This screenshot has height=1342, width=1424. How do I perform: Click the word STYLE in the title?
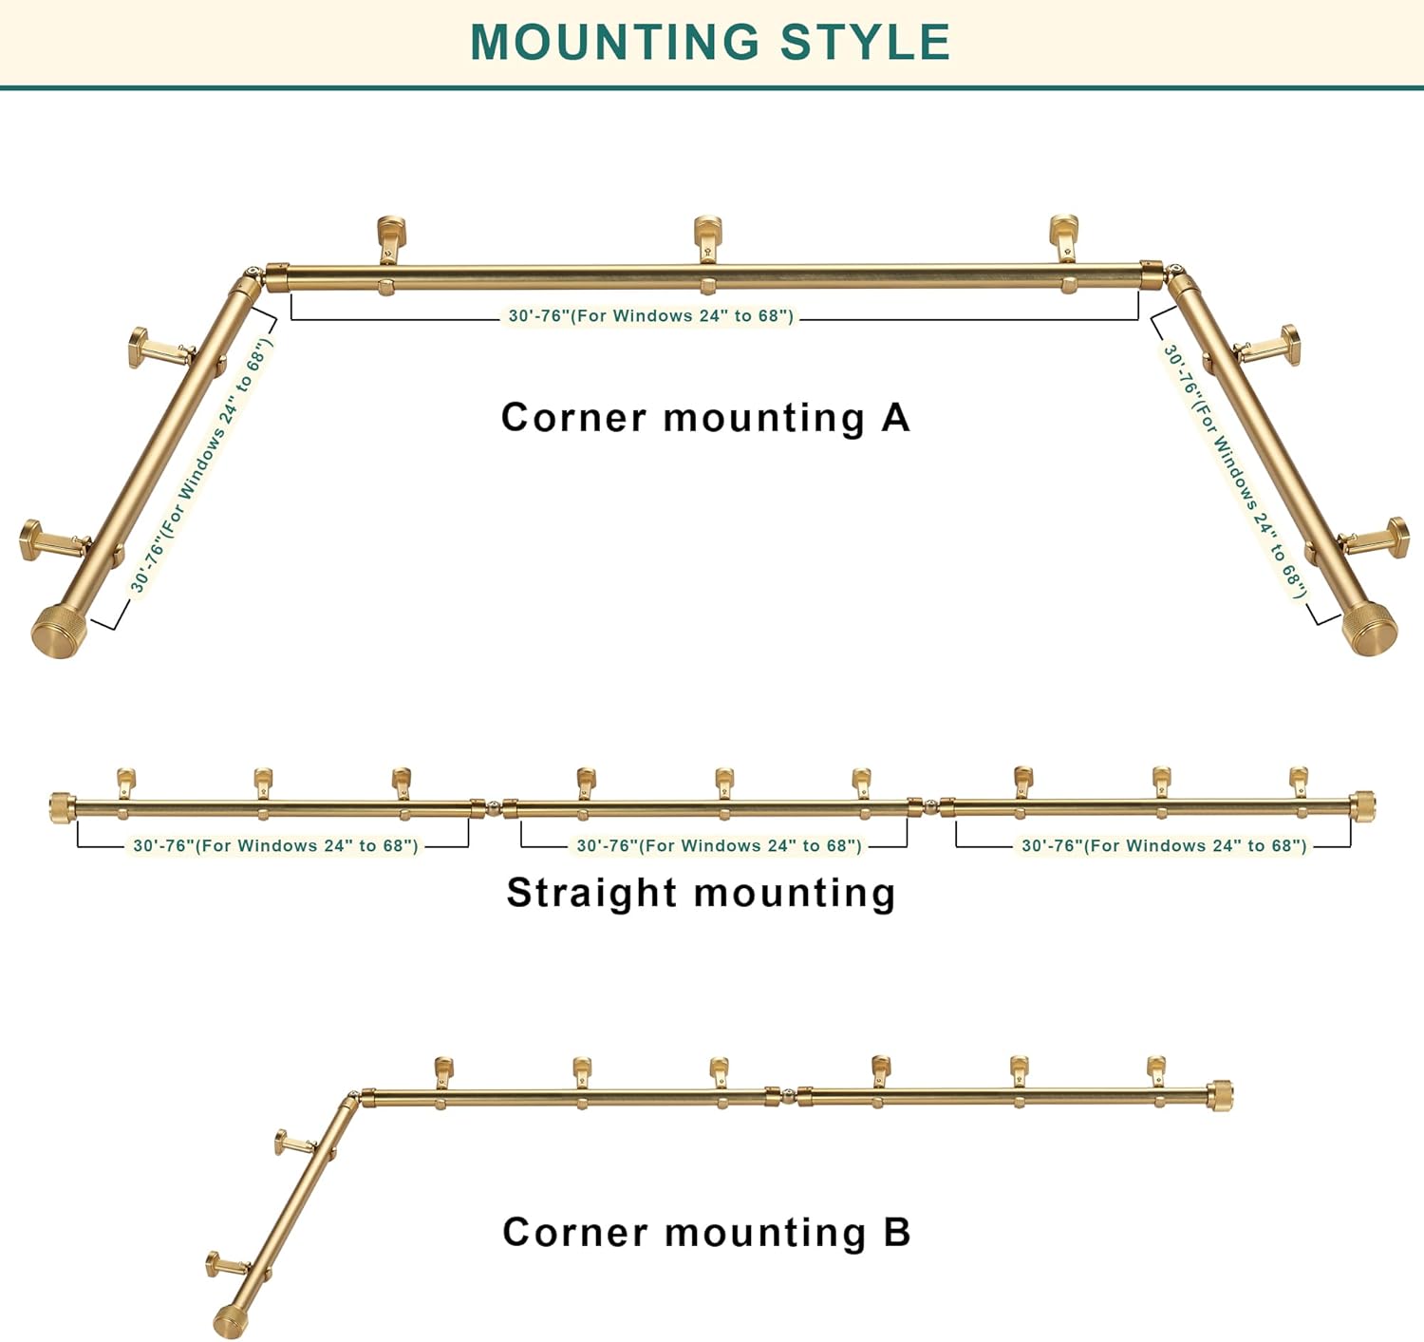pos(865,42)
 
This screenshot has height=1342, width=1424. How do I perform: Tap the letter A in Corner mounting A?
pos(895,418)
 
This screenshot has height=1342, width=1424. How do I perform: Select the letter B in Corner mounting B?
pos(897,1233)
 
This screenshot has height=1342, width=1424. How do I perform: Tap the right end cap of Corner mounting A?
pos(1370,629)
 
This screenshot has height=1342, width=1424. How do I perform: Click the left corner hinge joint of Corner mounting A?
pos(252,276)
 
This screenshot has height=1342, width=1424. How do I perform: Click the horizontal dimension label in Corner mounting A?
pos(650,316)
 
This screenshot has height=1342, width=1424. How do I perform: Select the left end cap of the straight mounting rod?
pos(63,807)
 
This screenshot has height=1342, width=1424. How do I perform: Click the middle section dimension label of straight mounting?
pos(719,845)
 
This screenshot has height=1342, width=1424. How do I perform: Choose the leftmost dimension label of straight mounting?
pos(275,845)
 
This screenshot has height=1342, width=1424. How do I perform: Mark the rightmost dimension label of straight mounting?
pos(1163,845)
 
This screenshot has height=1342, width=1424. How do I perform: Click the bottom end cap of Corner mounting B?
pos(229,1321)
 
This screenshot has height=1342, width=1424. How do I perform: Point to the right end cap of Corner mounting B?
pos(1220,1095)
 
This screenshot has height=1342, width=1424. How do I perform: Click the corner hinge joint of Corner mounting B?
pos(353,1097)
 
